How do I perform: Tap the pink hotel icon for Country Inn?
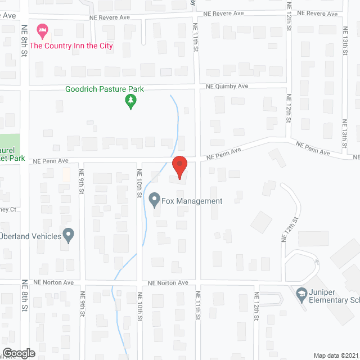coord(41,29)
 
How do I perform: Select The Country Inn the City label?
coord(71,46)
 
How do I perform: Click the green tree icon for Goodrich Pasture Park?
coord(130,102)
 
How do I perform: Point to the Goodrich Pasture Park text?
coord(105,89)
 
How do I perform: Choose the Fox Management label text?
coord(192,201)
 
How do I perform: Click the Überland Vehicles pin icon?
coord(68,235)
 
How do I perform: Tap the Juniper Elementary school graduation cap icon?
coord(301,294)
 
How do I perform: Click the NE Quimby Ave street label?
coord(227,87)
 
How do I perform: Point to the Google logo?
coord(18,353)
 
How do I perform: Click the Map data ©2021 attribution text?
coord(335,355)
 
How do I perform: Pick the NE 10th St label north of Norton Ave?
coord(138,183)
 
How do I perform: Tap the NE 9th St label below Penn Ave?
coord(82,182)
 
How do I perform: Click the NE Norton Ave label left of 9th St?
coord(53,282)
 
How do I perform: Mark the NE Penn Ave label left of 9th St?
coord(50,160)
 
